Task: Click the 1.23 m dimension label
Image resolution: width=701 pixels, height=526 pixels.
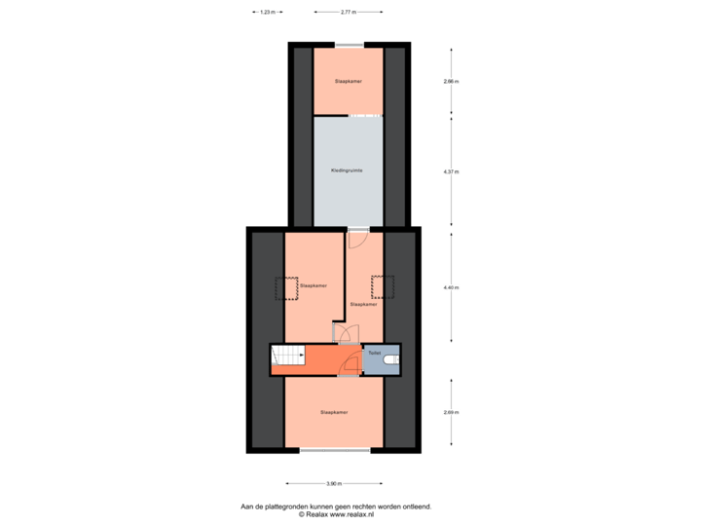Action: point(266,13)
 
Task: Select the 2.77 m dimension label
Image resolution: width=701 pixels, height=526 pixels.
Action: point(348,13)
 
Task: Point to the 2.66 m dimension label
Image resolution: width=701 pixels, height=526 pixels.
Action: point(450,82)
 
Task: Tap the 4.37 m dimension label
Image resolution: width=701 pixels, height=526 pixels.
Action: point(450,171)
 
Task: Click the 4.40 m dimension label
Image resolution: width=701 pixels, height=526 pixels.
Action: point(450,287)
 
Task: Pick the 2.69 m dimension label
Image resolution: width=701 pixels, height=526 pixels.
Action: point(450,412)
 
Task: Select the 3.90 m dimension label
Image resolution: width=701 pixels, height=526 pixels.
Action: point(334,483)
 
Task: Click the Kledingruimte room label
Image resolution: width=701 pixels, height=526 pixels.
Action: point(348,170)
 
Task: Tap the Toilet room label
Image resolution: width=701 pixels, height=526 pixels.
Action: point(374,352)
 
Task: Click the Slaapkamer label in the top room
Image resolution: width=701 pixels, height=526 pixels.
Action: point(348,81)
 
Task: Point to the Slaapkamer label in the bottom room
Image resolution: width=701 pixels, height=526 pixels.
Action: point(334,413)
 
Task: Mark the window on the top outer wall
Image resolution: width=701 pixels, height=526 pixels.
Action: point(348,44)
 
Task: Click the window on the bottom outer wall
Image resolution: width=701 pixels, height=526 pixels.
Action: point(334,450)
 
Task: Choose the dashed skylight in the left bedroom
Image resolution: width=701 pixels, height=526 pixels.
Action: point(286,288)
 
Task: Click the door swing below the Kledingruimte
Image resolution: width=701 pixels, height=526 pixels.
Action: point(356,237)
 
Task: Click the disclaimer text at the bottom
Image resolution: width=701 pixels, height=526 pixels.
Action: point(337,508)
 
